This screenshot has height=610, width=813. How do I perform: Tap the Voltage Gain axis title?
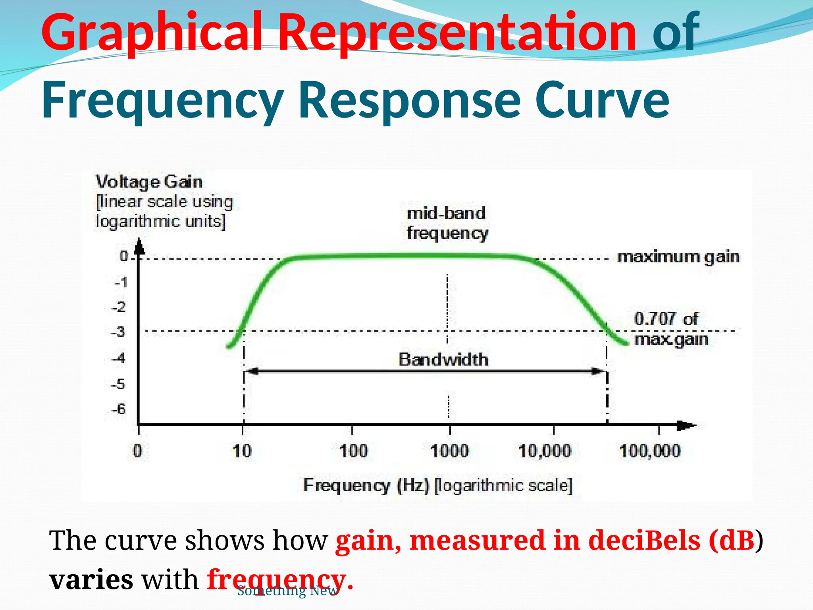149,182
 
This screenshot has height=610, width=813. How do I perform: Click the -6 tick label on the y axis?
118,409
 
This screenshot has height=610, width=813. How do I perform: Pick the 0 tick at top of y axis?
124,256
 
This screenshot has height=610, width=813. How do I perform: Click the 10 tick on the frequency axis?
242,451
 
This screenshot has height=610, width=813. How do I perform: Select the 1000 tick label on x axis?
449,451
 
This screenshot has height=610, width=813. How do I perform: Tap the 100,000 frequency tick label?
649,451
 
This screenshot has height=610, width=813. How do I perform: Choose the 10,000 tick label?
545,451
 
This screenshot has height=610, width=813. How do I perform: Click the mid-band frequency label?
447,223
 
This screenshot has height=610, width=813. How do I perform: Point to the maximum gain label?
678,257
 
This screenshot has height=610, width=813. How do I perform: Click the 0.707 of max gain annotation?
670,329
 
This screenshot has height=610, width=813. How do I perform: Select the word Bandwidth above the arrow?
443,359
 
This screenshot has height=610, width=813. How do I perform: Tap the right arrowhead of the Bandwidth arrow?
599,371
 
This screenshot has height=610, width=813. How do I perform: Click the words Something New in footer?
288,591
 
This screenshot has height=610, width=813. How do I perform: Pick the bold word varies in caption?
91,579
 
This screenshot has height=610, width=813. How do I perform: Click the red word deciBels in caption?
644,541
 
